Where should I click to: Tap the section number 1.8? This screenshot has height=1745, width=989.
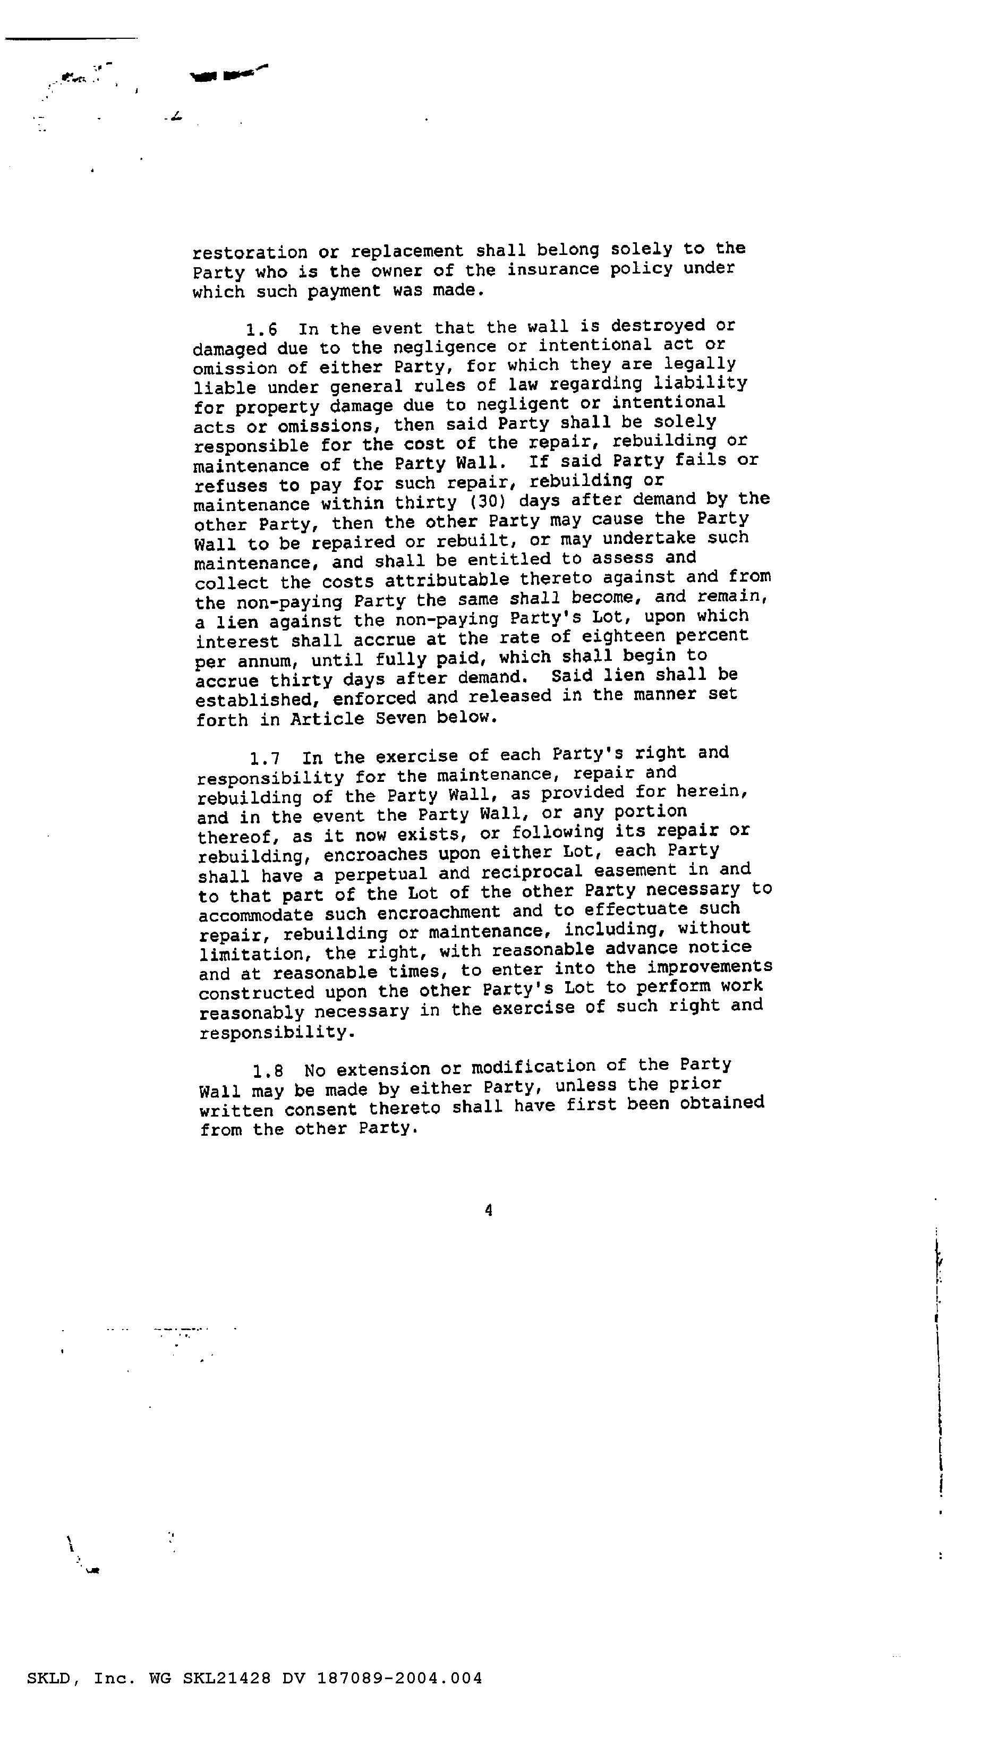tap(268, 1072)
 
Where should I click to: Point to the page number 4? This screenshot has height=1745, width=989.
tap(489, 1211)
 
